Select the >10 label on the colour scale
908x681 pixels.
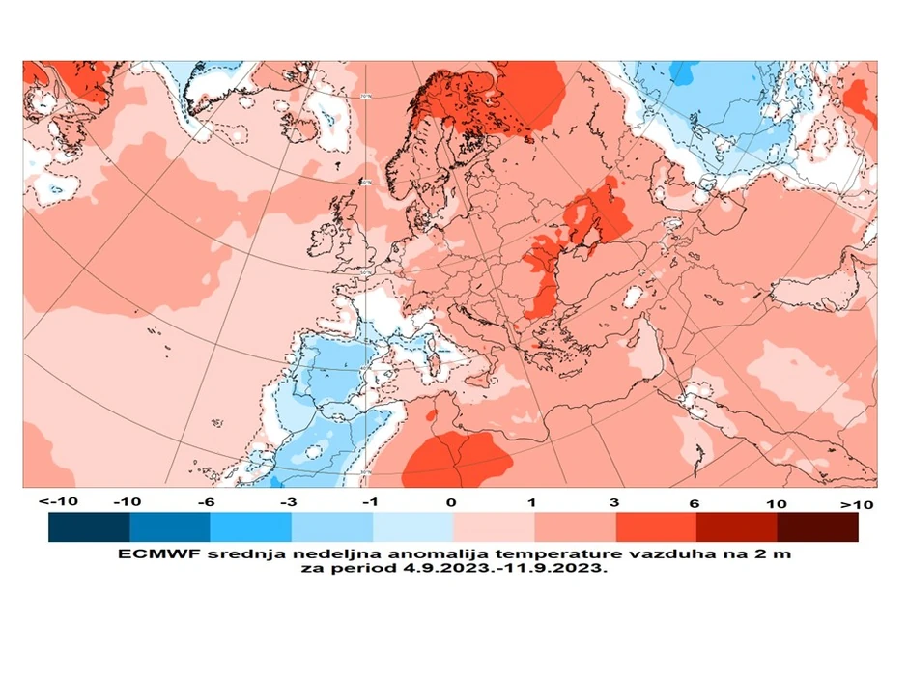[856, 504]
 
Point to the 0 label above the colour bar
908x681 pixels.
[452, 503]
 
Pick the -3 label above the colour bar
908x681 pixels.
[290, 503]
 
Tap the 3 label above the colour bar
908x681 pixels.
[615, 503]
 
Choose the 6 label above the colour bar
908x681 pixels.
[695, 503]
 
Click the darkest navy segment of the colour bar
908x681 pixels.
[89, 526]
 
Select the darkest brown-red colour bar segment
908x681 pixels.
[817, 526]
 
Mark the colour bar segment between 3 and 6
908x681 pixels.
[656, 526]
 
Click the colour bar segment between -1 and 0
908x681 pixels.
[412, 526]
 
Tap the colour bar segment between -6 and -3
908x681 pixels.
[250, 526]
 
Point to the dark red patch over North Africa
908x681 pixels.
[454, 459]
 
